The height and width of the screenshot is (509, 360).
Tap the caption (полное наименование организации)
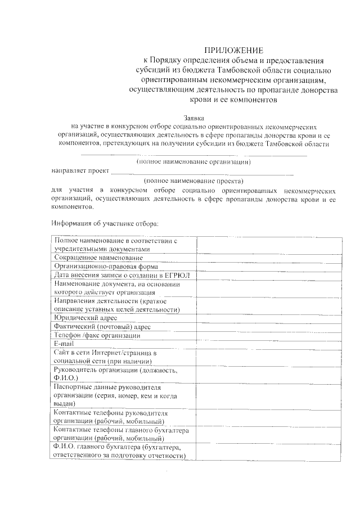tap(194, 162)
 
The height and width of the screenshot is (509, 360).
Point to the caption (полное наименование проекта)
tap(194, 181)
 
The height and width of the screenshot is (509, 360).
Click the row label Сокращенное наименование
tap(95, 257)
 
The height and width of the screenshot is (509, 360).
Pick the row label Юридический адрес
tap(85, 318)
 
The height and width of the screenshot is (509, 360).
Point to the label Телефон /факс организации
tap(97, 335)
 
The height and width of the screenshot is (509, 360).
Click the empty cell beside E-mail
tap(269, 344)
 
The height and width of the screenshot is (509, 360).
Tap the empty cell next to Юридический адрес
tap(269, 318)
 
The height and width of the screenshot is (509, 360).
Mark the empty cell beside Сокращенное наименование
tap(269, 257)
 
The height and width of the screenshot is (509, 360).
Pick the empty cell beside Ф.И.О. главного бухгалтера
tap(269, 452)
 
